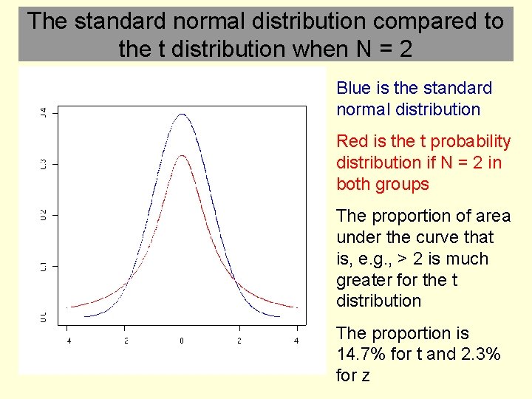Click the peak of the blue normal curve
click(x=182, y=115)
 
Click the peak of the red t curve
click(x=182, y=155)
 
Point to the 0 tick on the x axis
click(x=182, y=341)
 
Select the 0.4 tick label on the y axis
click(x=43, y=112)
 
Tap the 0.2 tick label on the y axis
click(x=43, y=214)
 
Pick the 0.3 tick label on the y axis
click(x=43, y=163)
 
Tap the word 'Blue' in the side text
click(x=353, y=88)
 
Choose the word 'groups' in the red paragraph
click(x=403, y=184)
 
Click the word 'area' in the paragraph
click(x=493, y=216)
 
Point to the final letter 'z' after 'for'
click(x=364, y=376)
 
